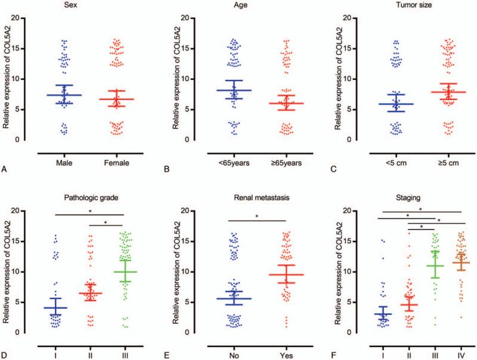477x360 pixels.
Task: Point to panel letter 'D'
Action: tap(5, 344)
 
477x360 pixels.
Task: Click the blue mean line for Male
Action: tap(64, 95)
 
